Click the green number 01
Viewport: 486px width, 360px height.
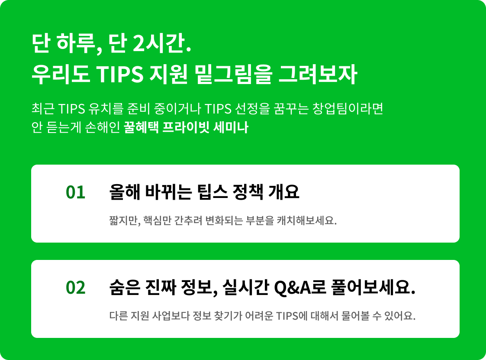(75, 192)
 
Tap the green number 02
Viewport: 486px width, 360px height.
(75, 288)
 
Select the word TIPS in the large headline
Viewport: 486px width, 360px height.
(120, 74)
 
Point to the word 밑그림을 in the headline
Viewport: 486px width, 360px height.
(234, 75)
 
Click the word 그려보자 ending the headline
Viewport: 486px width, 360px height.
(318, 75)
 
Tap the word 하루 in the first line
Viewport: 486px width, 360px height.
(76, 43)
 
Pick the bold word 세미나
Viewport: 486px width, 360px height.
(231, 127)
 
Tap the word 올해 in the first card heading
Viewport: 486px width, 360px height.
(125, 192)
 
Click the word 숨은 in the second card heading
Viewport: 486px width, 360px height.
(125, 288)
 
